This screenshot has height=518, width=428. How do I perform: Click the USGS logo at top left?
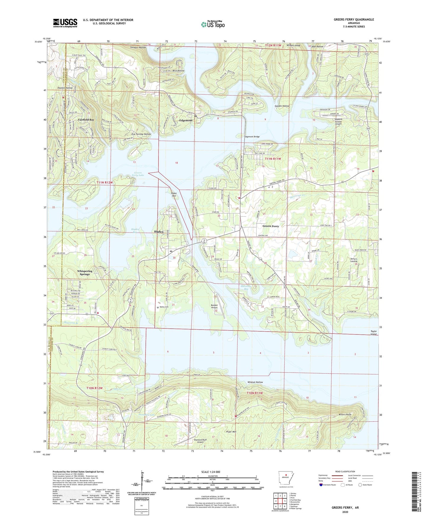65,23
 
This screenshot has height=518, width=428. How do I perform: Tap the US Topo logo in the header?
212,24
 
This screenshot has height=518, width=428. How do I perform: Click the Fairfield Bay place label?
86,120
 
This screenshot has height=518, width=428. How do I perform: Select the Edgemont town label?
186,120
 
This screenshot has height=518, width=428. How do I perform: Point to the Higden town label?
158,231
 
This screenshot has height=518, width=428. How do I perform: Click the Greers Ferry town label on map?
271,226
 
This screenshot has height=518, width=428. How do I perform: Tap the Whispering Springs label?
85,273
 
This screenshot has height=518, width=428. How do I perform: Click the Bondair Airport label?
214,306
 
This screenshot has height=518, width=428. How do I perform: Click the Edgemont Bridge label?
252,137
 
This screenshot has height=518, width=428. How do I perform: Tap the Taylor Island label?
374,333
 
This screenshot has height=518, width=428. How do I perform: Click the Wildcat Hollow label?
255,382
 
